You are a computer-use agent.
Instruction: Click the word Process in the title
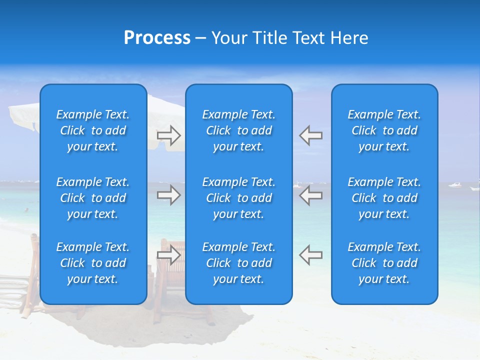[x=157, y=38]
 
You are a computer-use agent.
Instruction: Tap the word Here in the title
[x=348, y=38]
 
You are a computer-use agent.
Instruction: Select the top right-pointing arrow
[x=169, y=135]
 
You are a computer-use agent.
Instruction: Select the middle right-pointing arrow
[x=169, y=195]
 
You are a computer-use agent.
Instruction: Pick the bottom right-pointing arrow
[x=169, y=255]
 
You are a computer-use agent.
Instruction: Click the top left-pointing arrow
[x=310, y=135]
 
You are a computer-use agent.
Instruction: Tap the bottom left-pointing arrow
[x=310, y=255]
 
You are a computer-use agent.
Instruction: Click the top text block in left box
[x=93, y=130]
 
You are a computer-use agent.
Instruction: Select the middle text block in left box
[x=93, y=198]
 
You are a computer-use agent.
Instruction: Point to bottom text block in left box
[x=93, y=263]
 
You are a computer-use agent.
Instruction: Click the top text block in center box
[x=238, y=130]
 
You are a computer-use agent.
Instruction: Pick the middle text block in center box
[x=238, y=198]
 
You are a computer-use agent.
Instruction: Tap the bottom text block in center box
[x=238, y=263]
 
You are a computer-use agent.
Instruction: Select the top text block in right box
[x=384, y=130]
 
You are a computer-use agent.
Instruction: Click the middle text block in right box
[x=384, y=198]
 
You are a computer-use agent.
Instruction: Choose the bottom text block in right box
[x=384, y=263]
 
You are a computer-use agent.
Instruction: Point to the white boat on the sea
[x=454, y=185]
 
